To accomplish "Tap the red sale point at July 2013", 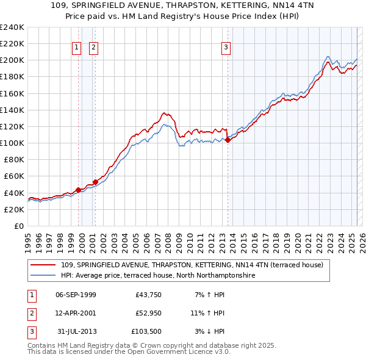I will tap(228, 140).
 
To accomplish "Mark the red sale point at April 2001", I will tap(95, 182).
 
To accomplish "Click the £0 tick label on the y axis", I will tap(18, 226).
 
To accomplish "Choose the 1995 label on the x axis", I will tap(28, 238).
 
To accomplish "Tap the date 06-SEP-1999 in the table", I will tap(76, 295).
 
